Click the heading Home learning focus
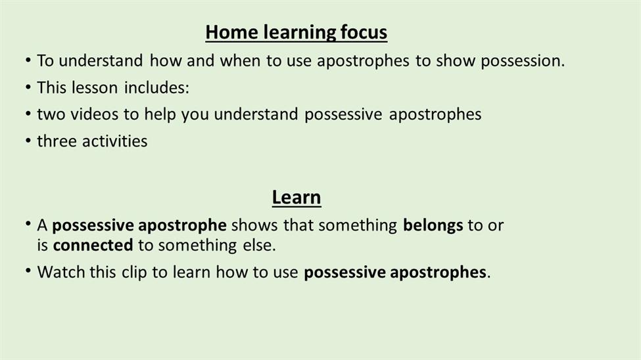pos(297,32)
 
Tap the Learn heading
pos(297,197)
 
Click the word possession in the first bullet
pos(523,61)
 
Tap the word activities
pos(115,141)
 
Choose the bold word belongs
pos(433,225)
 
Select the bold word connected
pos(93,245)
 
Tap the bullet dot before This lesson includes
pos(28,87)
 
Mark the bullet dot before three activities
pos(28,141)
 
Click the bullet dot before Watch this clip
pos(28,271)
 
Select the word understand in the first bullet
pos(101,61)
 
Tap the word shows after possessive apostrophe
pos(254,225)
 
